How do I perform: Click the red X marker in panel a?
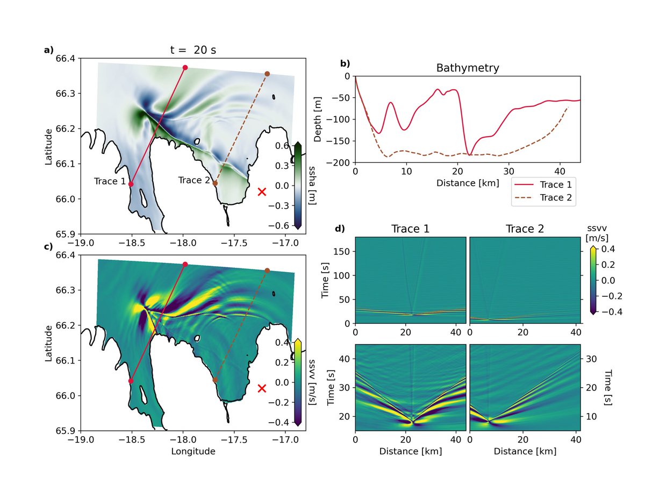coord(262,191)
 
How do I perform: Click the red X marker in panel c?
coord(262,388)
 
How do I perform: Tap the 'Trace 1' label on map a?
coord(110,181)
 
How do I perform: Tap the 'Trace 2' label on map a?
coord(194,181)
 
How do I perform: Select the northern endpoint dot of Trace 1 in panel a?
coord(185,67)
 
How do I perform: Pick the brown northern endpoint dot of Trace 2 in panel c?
coord(267,271)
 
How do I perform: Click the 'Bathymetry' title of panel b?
coord(467,68)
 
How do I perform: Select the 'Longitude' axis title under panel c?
coord(193,451)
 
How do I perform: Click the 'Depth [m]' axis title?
coord(318,119)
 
